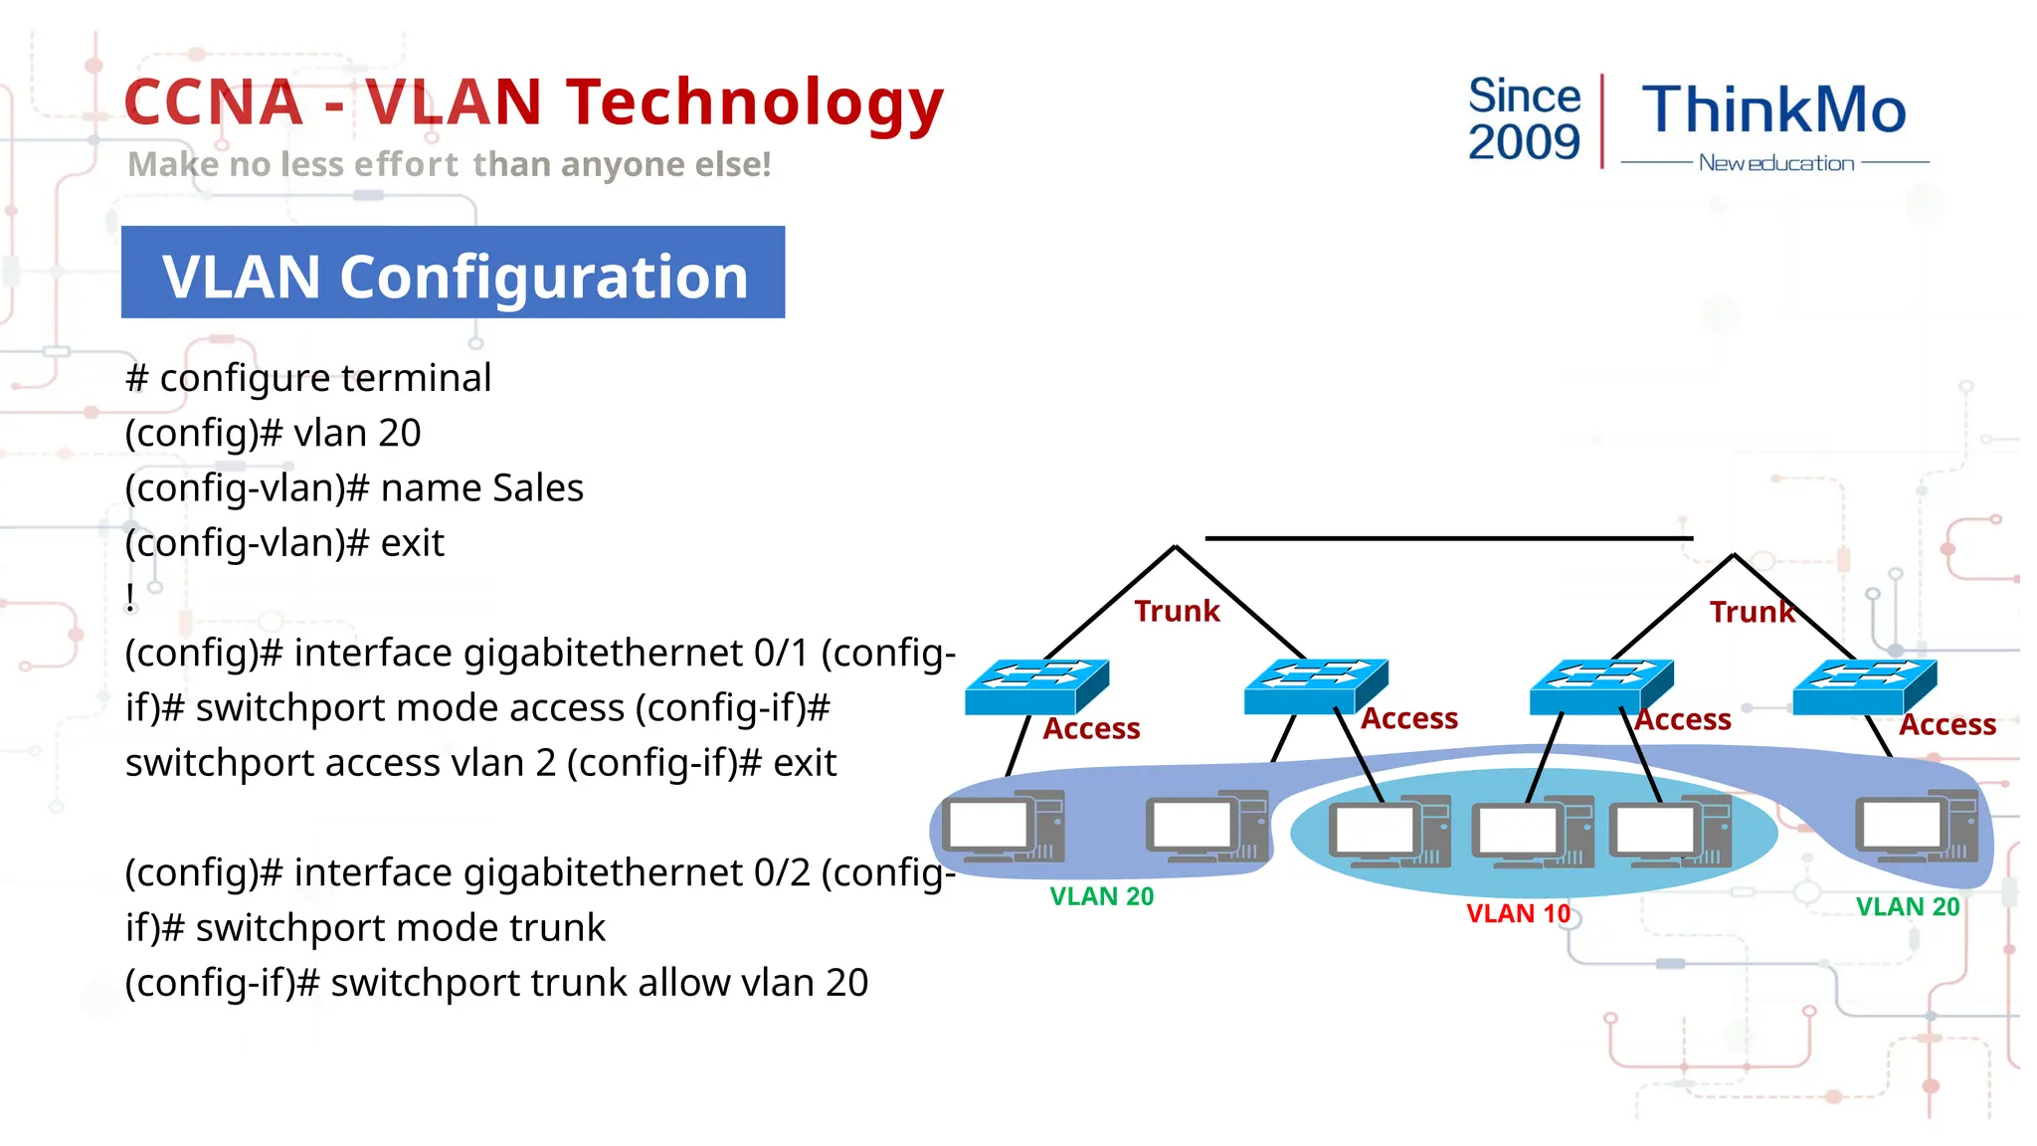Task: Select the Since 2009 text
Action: [1524, 119]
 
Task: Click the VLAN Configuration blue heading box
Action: [453, 273]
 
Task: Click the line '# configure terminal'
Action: [308, 378]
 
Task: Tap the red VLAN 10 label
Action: [1518, 913]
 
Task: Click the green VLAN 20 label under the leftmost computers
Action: [1101, 896]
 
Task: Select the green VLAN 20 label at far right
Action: [1907, 907]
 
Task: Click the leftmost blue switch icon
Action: [1035, 685]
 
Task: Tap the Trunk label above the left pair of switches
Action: [1177, 611]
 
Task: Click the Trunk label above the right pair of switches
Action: [1752, 612]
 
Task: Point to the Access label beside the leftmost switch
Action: [1091, 729]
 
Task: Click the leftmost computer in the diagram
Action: [1004, 827]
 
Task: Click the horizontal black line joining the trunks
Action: [1448, 538]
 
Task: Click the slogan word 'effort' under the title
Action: [406, 165]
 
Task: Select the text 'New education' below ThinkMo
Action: [1775, 163]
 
